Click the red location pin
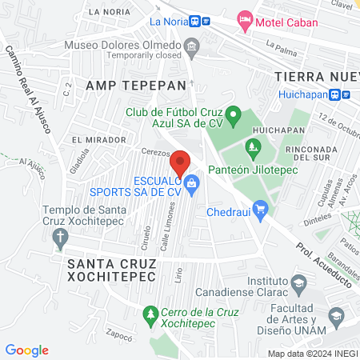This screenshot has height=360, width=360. coord(181,164)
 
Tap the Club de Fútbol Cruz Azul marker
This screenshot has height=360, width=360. coord(233,118)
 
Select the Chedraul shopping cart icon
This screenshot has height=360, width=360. coord(260,210)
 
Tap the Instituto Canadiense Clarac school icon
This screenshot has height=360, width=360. coord(298,283)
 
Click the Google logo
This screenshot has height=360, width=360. coord(26,350)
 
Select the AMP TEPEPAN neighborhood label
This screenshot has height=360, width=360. coord(135,85)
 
